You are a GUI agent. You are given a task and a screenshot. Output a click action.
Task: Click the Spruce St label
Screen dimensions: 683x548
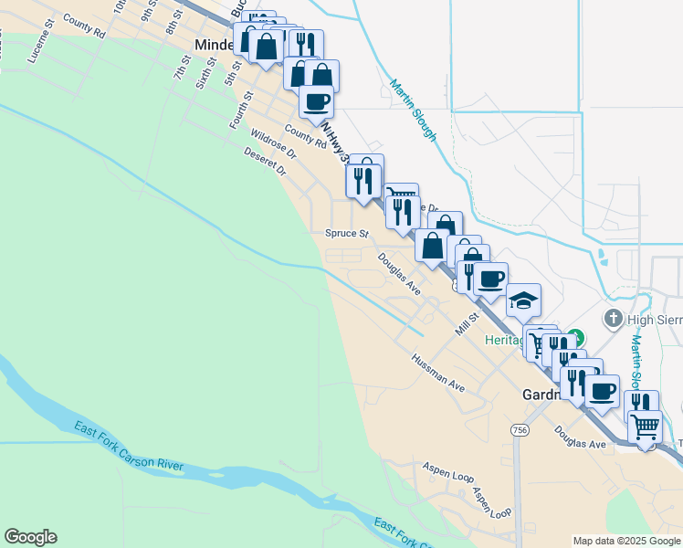point(346,234)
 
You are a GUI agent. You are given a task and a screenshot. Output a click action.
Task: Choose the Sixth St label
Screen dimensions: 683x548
point(207,72)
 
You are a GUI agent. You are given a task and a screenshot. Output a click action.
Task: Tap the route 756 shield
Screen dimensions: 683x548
point(520,430)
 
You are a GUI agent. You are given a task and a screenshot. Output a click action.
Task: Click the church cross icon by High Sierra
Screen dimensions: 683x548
point(613,319)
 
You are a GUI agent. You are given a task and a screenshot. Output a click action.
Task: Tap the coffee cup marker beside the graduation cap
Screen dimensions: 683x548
point(490,279)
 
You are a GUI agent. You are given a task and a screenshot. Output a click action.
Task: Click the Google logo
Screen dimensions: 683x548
point(30,537)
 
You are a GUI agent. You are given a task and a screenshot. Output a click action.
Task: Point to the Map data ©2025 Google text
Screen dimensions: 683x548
point(626,541)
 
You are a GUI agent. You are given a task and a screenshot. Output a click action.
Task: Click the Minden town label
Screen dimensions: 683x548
point(215,45)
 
